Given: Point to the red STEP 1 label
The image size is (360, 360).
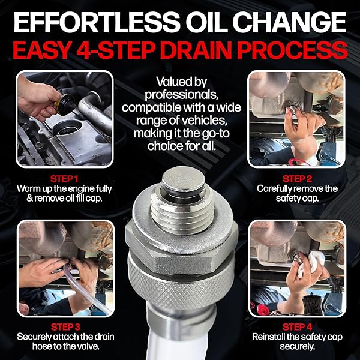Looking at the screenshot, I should pos(64,178).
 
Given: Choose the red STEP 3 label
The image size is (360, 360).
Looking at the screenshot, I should pos(64,327).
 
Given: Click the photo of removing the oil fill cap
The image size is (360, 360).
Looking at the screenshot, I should pos(64,118).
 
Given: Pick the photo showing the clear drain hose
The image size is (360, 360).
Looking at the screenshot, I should pos(64,268).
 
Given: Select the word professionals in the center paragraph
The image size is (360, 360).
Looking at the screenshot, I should pos(180,95).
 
